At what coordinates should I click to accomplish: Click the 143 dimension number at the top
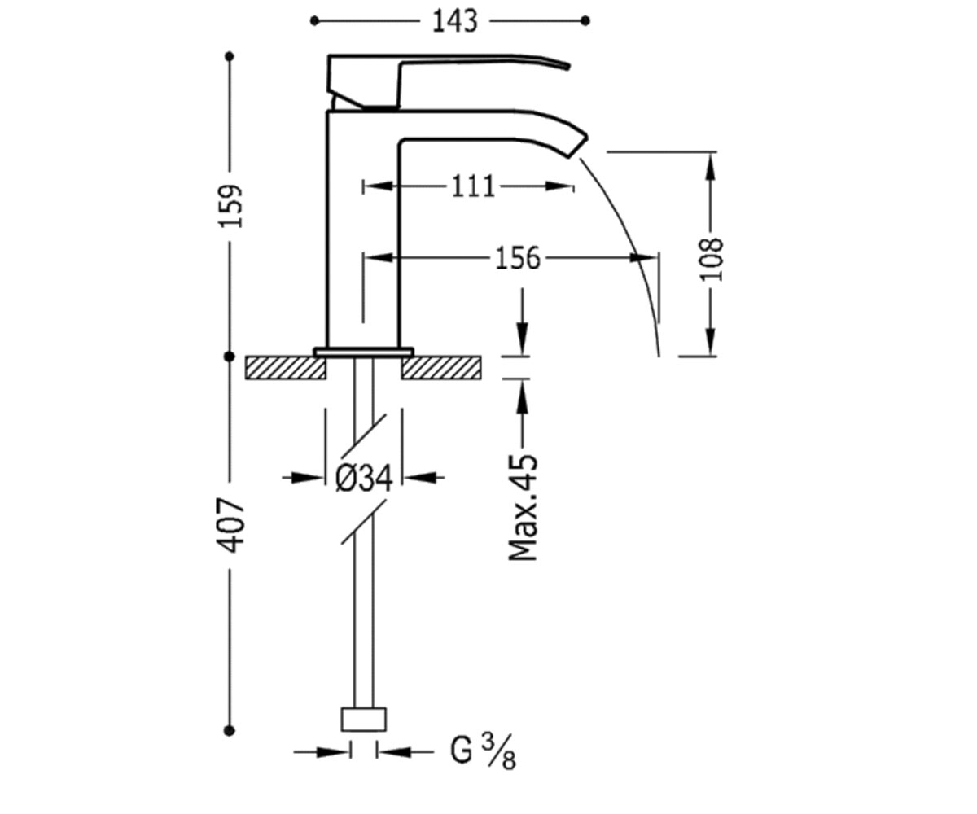(x=455, y=21)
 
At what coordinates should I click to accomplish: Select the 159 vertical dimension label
(x=231, y=206)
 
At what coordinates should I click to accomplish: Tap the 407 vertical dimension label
(x=231, y=525)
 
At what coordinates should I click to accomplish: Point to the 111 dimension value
(x=473, y=186)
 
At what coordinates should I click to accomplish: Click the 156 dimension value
(x=518, y=258)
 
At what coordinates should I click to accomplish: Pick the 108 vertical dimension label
(x=712, y=260)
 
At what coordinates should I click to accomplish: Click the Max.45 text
(x=524, y=507)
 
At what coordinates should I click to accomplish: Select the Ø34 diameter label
(x=364, y=478)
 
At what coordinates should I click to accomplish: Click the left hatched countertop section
(x=286, y=368)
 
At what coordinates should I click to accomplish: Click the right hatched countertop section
(x=441, y=368)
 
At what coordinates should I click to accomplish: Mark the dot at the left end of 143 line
(x=314, y=21)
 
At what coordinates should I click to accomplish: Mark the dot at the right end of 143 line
(x=585, y=21)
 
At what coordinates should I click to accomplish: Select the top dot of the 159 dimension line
(x=230, y=57)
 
